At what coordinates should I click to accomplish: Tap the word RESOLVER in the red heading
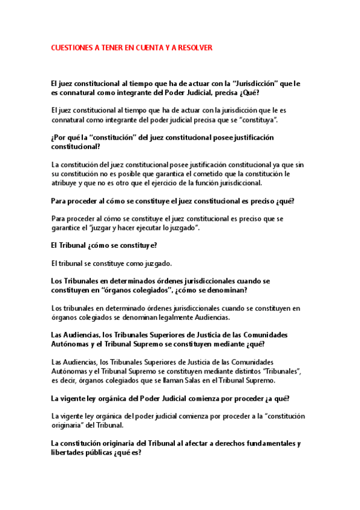195,47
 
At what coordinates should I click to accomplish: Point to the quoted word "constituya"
258,120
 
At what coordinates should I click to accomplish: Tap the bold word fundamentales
268,443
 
